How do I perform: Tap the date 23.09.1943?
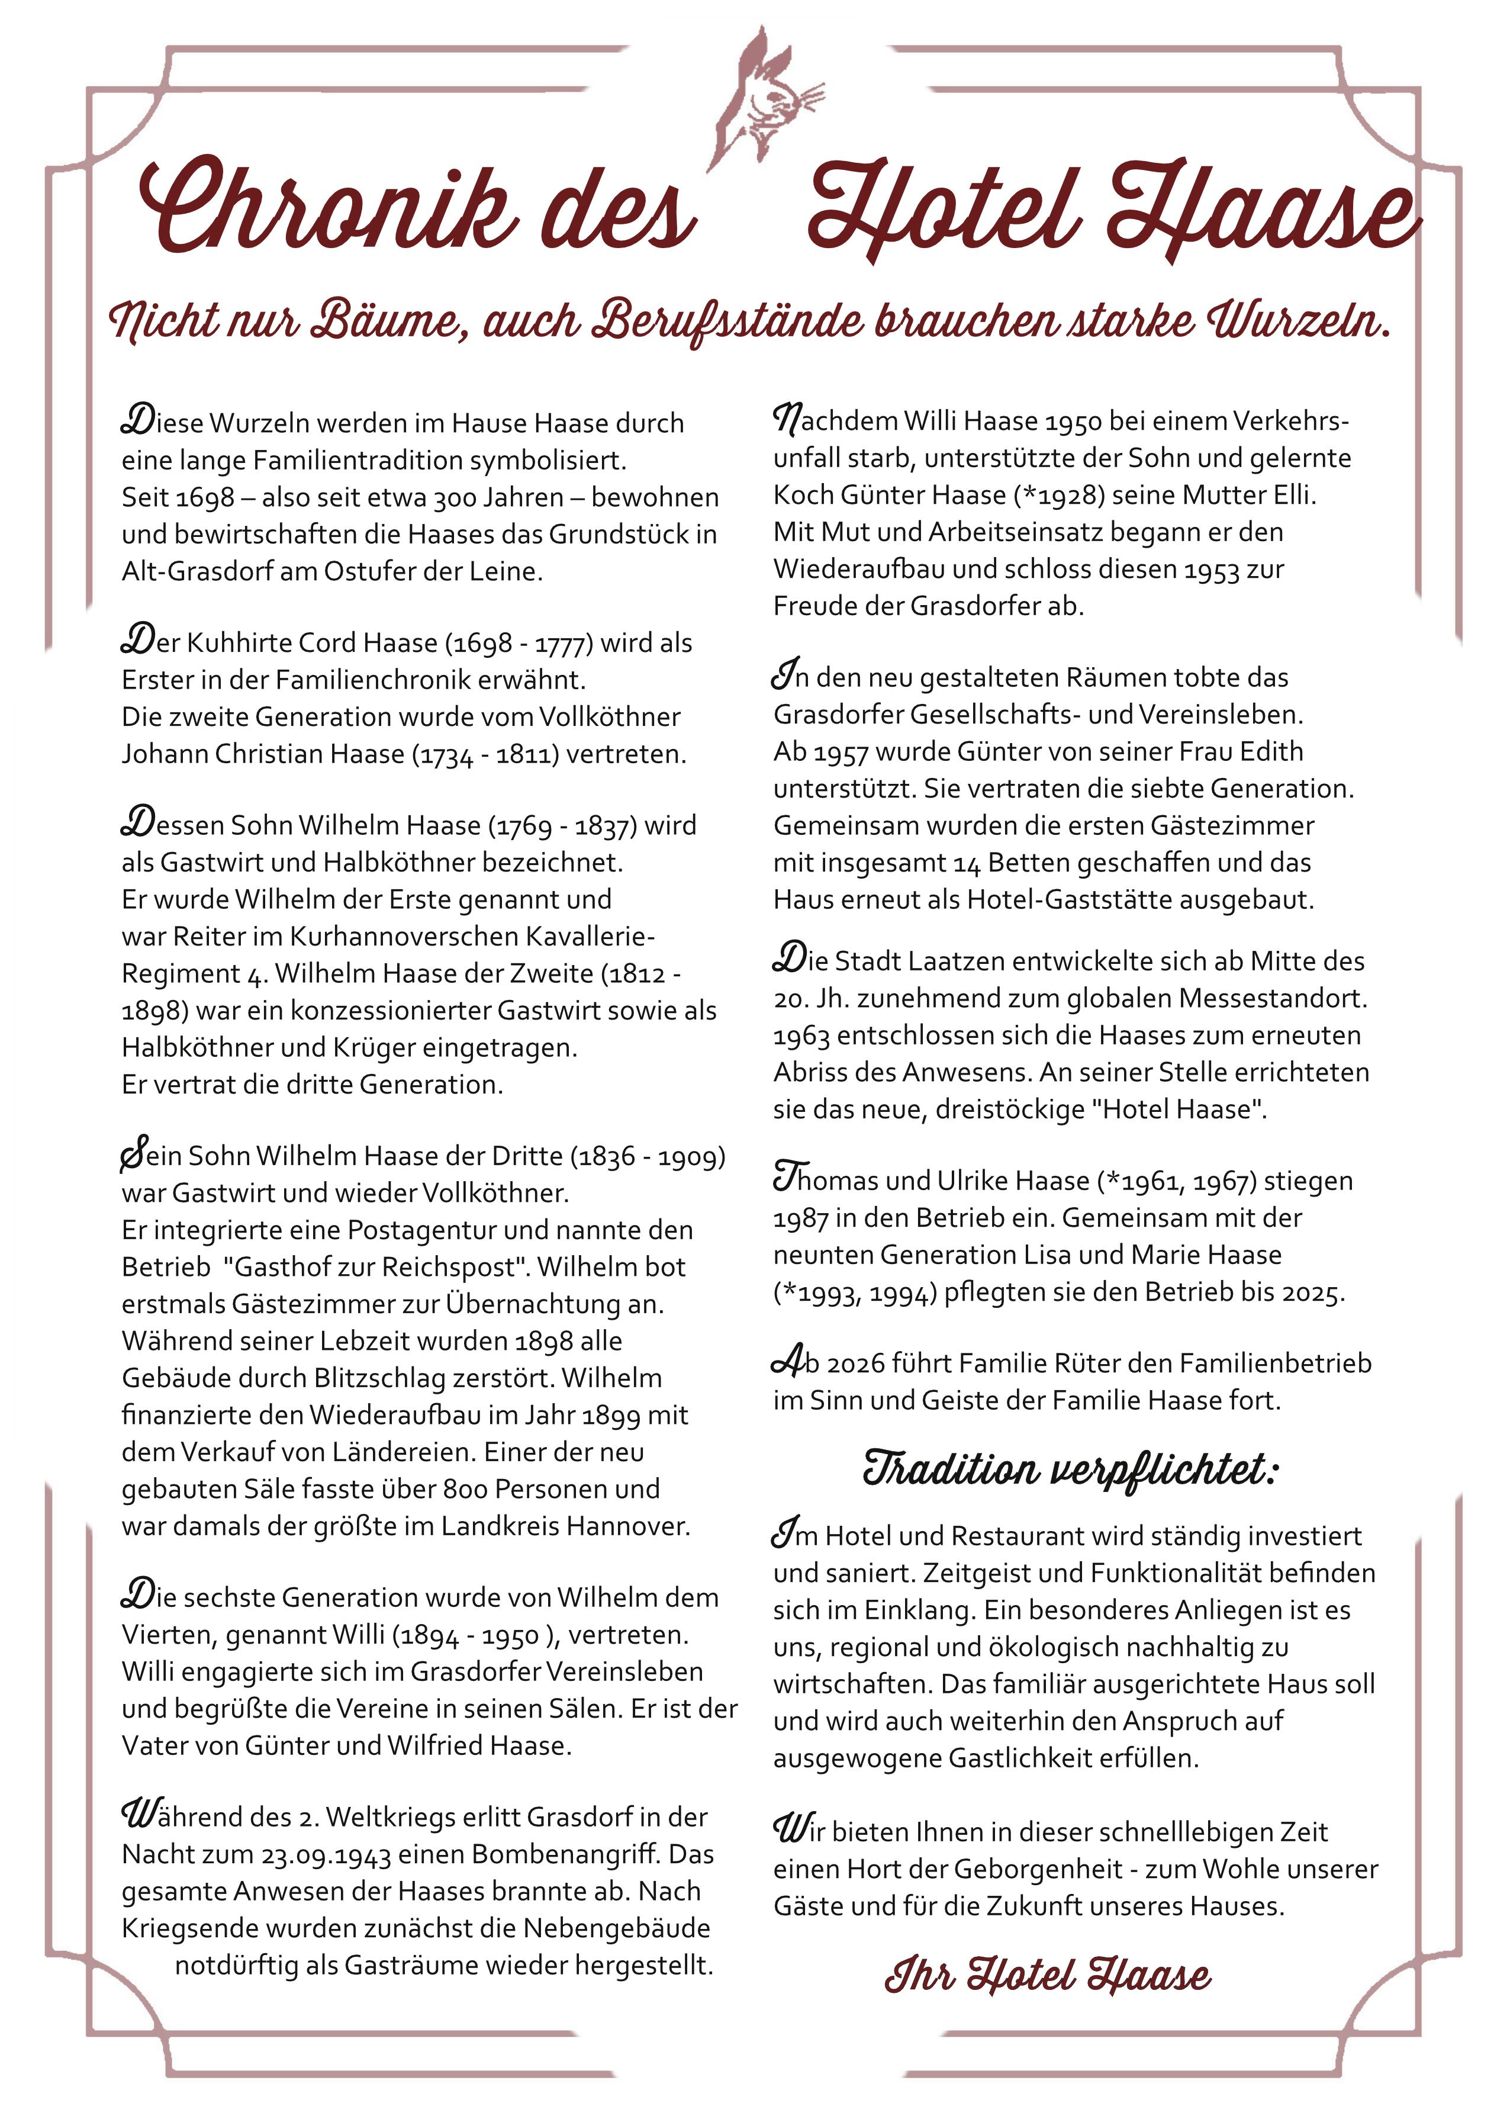coord(326,1855)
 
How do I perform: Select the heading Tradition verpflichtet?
coord(1070,1471)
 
